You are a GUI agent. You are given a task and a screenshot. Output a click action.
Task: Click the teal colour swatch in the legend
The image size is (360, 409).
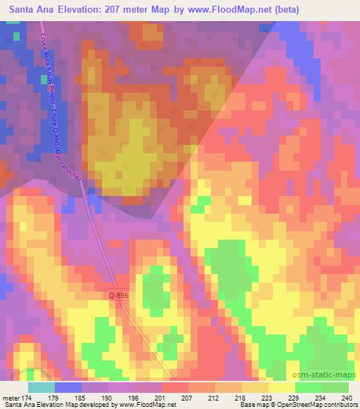pos(41,387)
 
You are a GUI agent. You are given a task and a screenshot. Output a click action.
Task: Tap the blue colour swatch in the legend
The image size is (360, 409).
pos(67,387)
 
